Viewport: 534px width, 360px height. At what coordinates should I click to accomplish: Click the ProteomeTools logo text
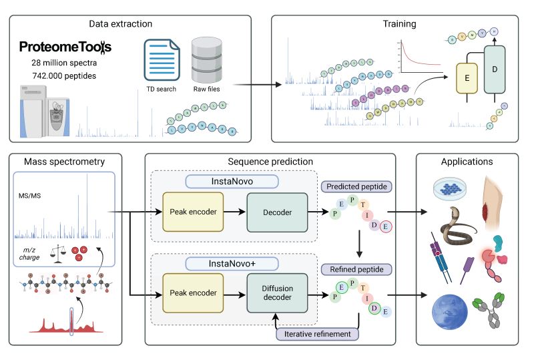65,47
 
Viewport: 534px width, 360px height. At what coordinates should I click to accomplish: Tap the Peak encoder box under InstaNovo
194,212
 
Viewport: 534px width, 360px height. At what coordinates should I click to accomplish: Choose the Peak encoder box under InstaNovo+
194,293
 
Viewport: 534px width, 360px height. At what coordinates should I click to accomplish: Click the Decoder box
277,212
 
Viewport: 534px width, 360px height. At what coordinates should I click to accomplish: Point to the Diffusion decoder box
277,293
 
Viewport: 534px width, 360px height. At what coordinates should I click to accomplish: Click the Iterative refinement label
316,333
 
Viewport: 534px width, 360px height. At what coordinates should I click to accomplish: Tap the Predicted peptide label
356,186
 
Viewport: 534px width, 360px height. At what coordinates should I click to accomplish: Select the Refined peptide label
356,269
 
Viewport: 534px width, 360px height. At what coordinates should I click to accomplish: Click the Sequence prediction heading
270,162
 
